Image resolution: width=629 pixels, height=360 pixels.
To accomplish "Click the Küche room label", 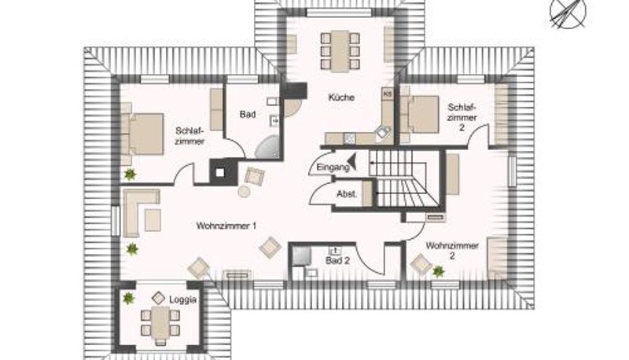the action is tap(341, 97).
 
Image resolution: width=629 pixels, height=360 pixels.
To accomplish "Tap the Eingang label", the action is tap(333, 167).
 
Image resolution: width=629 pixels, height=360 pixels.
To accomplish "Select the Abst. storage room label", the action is tap(347, 194).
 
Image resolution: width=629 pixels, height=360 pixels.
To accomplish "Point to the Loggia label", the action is tap(183, 299).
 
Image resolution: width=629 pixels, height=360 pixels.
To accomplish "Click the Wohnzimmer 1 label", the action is tap(226, 226).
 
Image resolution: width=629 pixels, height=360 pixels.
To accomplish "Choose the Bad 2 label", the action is tap(337, 261).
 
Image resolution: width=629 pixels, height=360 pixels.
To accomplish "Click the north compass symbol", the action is tap(568, 13).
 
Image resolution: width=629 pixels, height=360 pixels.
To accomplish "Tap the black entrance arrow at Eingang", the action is tap(352, 162).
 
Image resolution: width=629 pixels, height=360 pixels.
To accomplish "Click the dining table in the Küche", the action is tap(340, 51).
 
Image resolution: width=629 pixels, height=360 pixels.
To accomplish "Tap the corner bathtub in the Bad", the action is tap(267, 147).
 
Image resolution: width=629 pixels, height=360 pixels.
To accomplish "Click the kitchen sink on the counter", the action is tap(384, 132).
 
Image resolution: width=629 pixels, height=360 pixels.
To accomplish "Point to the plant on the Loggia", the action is tap(128, 298).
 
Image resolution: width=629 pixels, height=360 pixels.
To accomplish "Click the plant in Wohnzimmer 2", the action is tap(438, 272).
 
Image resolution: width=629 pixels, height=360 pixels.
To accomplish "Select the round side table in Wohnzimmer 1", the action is tap(244, 192).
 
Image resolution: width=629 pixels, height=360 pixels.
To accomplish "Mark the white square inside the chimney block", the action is tap(219, 173).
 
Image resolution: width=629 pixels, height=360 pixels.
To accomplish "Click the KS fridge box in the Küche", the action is tap(387, 94).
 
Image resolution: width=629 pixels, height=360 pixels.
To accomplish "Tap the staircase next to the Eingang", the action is tap(404, 178).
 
